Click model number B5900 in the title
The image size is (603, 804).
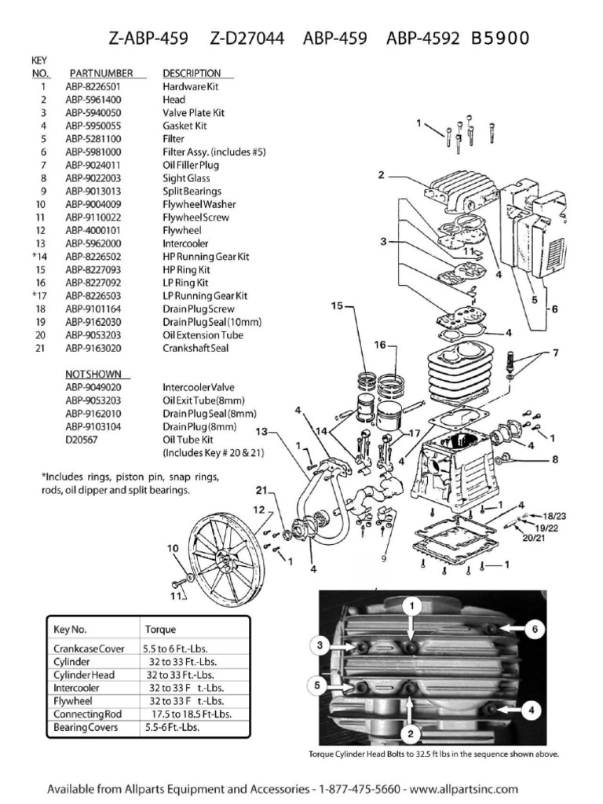pos(500,38)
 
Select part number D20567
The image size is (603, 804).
pos(83,440)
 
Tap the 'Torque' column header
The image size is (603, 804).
pos(161,630)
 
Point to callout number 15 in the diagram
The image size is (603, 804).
pos(337,307)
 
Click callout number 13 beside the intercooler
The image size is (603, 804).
pos(263,431)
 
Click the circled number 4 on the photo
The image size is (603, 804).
pos(531,710)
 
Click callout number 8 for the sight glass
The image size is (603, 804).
pos(554,459)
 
